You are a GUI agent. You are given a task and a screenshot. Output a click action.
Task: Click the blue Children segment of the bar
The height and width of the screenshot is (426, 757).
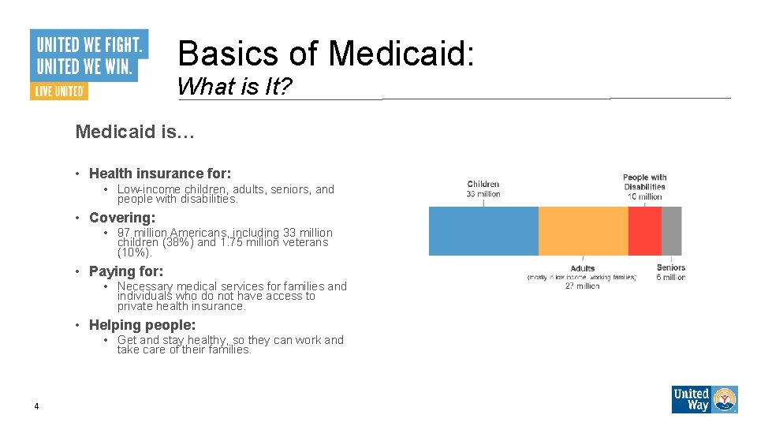pyautogui.click(x=483, y=231)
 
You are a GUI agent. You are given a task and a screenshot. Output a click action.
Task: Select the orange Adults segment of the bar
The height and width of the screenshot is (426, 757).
pyautogui.click(x=583, y=231)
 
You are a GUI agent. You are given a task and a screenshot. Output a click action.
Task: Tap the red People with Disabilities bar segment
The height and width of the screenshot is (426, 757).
pyautogui.click(x=644, y=231)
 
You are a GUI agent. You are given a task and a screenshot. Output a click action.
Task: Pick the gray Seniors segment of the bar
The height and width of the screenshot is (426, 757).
pyautogui.click(x=671, y=231)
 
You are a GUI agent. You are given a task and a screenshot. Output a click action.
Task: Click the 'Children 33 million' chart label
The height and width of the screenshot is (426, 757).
pyautogui.click(x=483, y=189)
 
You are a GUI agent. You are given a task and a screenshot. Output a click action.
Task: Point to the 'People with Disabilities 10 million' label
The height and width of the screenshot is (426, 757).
pyautogui.click(x=644, y=187)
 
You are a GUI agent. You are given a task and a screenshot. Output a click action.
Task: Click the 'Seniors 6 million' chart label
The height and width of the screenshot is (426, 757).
pyautogui.click(x=671, y=272)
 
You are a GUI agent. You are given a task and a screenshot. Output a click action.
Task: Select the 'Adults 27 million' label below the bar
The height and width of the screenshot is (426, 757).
pyautogui.click(x=583, y=277)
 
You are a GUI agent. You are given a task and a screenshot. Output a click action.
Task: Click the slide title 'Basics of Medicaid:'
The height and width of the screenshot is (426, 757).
pyautogui.click(x=326, y=54)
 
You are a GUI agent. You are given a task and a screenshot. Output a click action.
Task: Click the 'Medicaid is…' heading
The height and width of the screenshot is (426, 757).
pyautogui.click(x=135, y=132)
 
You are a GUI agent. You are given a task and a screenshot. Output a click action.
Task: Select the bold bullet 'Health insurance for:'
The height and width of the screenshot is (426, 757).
pyautogui.click(x=159, y=174)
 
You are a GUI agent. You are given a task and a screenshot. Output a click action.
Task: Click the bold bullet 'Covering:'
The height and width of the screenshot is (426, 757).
pyautogui.click(x=122, y=218)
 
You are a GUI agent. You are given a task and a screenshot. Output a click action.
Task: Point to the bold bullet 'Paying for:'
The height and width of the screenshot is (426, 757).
pyautogui.click(x=126, y=271)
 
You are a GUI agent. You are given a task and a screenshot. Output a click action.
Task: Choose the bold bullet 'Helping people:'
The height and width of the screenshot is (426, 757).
pyautogui.click(x=142, y=325)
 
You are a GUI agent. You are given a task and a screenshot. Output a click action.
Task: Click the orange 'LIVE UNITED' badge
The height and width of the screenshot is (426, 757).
pyautogui.click(x=59, y=91)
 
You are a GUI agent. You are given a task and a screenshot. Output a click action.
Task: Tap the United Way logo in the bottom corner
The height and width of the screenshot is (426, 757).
pyautogui.click(x=704, y=399)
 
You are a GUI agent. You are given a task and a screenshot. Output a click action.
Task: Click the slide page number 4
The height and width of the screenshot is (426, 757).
pyautogui.click(x=36, y=406)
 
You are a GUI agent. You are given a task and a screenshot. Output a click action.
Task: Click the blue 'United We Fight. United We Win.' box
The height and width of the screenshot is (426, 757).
pyautogui.click(x=89, y=54)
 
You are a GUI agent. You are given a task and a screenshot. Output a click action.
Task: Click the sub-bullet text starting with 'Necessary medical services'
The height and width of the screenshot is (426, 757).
pyautogui.click(x=231, y=296)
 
